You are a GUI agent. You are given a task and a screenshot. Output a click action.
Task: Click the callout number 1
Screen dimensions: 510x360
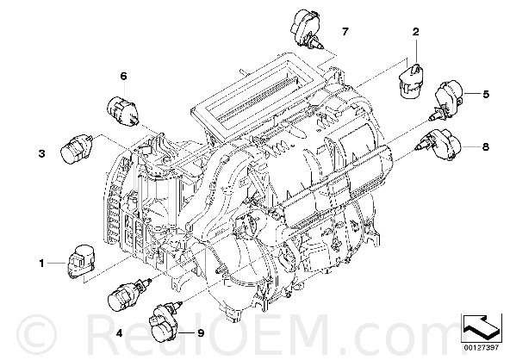point(41,263)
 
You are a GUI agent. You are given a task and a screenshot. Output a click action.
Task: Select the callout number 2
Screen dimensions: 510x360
point(416,32)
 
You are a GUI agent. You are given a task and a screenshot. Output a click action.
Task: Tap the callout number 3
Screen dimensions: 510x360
point(41,153)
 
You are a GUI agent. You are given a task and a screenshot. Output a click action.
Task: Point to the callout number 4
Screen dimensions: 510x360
point(119,333)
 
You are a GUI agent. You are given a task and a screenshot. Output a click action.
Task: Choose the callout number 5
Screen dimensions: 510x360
point(486,94)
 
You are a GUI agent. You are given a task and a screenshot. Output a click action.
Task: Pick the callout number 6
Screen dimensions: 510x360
point(123,76)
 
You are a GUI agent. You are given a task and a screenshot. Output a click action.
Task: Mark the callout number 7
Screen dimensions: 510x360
point(345,31)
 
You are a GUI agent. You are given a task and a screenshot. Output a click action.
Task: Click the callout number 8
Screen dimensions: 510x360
point(485,147)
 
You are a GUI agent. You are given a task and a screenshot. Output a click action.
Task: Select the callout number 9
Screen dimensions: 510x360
point(201,333)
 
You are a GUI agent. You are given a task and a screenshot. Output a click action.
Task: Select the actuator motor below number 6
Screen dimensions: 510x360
point(123,110)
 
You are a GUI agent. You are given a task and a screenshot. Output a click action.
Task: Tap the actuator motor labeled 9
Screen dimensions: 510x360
point(165,323)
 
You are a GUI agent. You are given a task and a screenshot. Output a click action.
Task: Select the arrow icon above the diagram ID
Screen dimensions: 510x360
point(480,328)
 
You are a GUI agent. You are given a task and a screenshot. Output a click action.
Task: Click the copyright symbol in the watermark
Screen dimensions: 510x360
point(36,334)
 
